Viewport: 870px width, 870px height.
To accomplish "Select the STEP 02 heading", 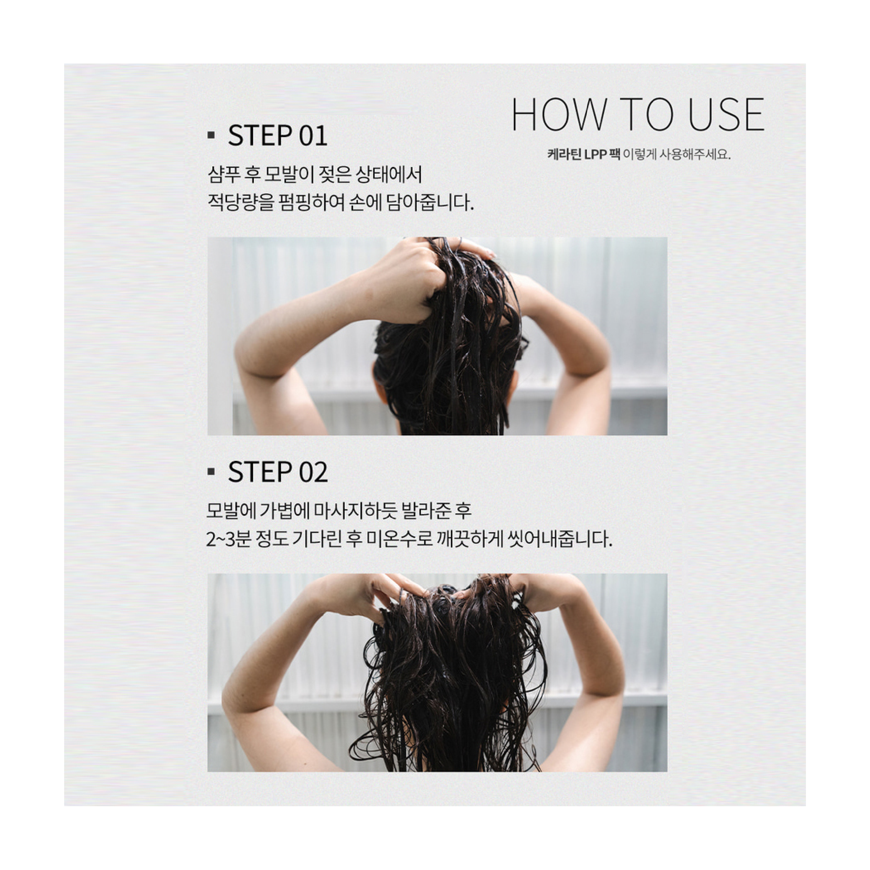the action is pyautogui.click(x=278, y=472).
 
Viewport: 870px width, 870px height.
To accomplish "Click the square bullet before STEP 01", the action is pyautogui.click(x=211, y=135).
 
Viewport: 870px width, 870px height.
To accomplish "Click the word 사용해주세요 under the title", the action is pyautogui.click(x=695, y=154).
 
